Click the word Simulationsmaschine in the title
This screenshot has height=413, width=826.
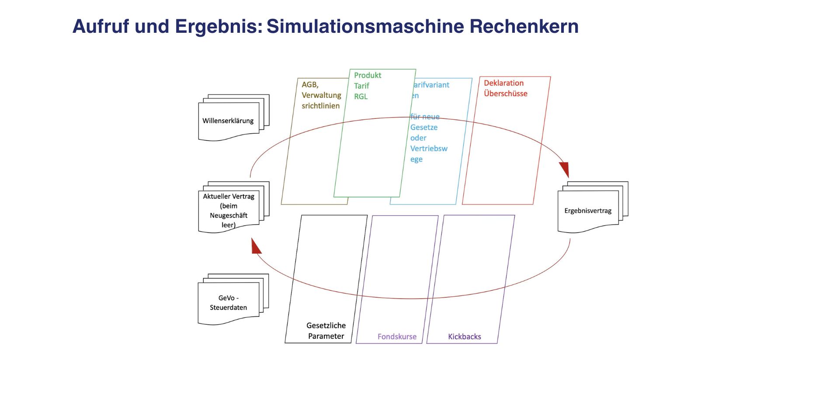[366, 26]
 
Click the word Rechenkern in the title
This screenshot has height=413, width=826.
[524, 26]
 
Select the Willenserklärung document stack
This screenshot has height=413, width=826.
[228, 121]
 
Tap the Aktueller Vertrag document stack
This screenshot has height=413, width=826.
[229, 210]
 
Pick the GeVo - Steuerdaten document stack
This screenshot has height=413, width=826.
[228, 302]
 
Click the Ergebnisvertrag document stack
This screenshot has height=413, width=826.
[588, 211]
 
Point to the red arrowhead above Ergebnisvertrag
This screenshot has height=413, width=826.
[564, 169]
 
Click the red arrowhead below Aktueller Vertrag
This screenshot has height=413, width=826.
[256, 247]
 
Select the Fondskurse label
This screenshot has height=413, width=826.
[397, 337]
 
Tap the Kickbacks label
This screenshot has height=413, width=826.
[464, 337]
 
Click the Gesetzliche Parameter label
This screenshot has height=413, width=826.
[326, 331]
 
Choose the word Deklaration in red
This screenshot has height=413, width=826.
[503, 83]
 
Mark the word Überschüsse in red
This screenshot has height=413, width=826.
[506, 94]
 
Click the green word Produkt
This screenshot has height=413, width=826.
[368, 75]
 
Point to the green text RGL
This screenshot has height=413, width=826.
[361, 97]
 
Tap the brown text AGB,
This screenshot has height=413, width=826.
[310, 85]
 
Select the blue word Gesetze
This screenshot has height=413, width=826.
[423, 128]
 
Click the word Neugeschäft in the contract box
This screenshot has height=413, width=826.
[229, 215]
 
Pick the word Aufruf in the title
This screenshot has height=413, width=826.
[100, 26]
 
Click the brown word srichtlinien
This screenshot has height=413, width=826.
[320, 106]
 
